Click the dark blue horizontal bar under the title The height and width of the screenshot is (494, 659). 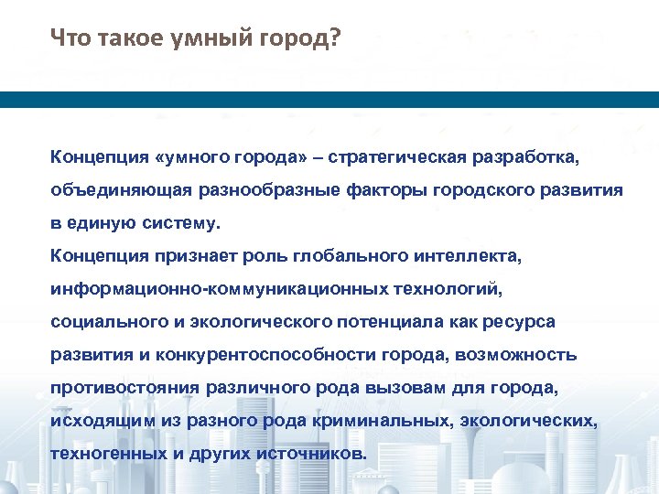coord(329,100)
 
